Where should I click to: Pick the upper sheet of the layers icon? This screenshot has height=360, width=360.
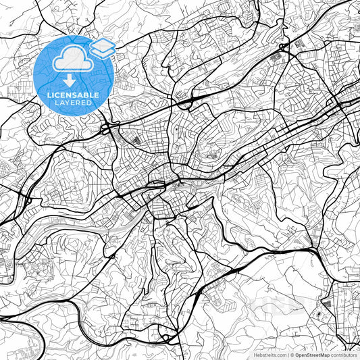[x=102, y=45]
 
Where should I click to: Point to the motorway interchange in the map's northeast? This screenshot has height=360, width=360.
[x=284, y=49]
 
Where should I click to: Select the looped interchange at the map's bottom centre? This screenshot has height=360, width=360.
[x=164, y=336]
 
